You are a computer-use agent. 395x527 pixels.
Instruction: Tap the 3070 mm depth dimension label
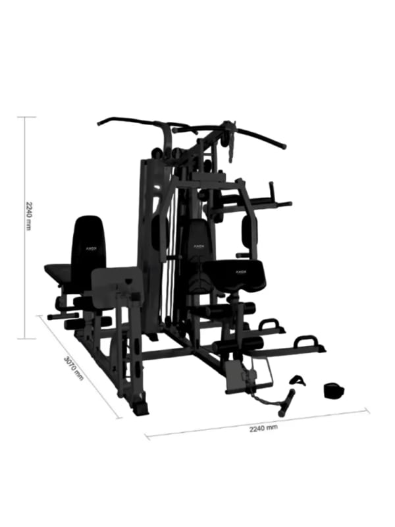[74, 368]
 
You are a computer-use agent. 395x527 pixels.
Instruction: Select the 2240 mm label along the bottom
[263, 428]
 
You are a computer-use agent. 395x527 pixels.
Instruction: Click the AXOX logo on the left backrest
[90, 249]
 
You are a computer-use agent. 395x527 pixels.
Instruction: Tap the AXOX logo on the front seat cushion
[235, 270]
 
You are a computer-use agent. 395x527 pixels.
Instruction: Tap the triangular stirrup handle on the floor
[298, 380]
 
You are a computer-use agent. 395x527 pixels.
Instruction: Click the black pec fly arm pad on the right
[249, 231]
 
